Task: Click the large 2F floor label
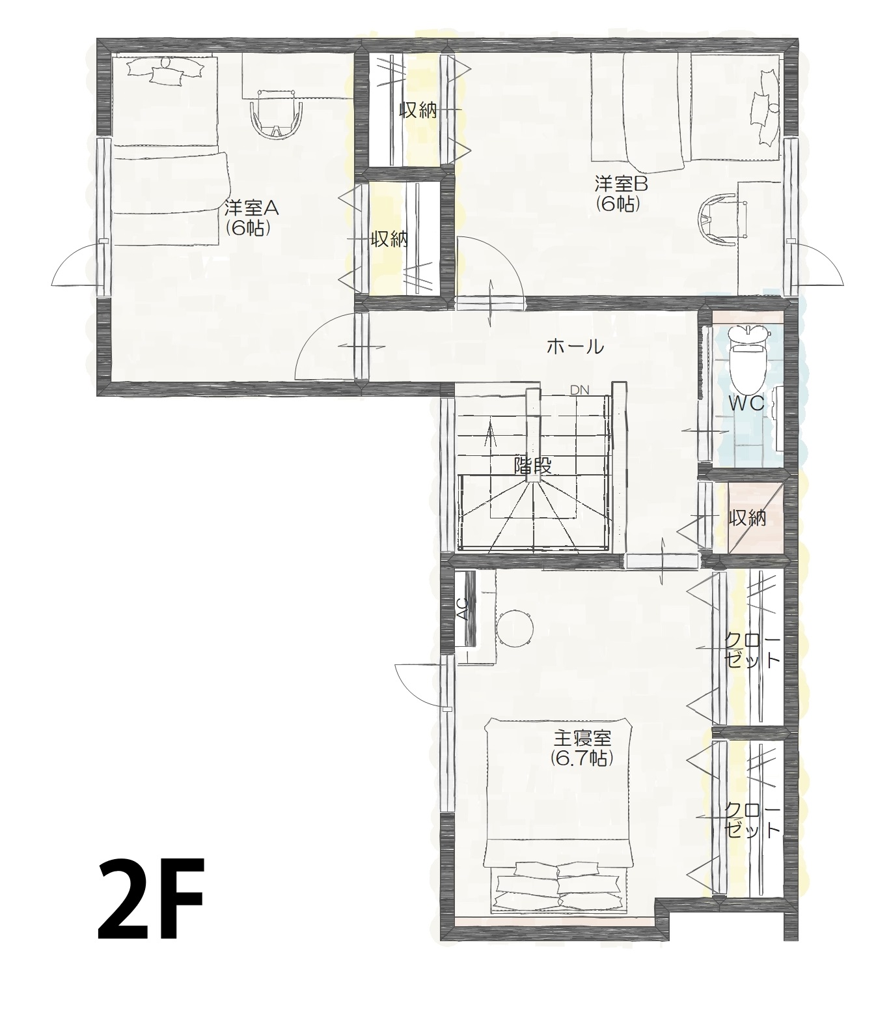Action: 152,900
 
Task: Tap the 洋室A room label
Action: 251,208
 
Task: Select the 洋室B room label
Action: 621,184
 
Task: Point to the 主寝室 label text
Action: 582,739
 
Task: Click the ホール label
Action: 575,347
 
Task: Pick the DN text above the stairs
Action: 579,390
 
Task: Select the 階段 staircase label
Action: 533,466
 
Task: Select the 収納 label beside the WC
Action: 747,518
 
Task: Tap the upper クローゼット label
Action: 752,649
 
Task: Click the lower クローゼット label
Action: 752,820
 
